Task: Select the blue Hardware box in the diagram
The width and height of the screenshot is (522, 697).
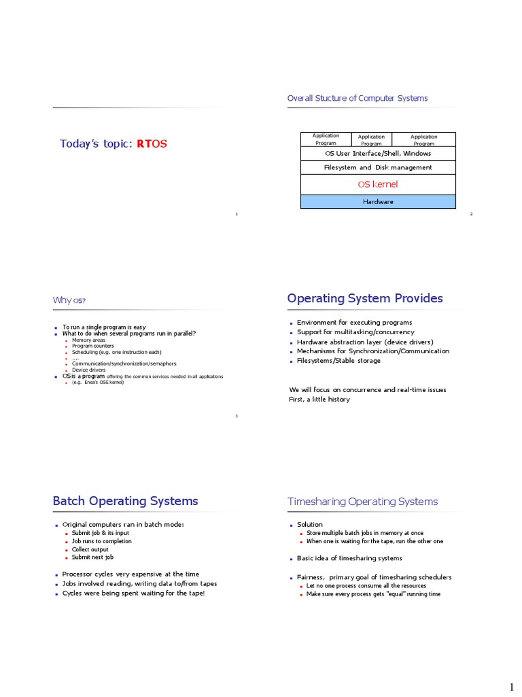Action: pyautogui.click(x=378, y=201)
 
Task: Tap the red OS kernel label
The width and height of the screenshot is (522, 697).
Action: pyautogui.click(x=378, y=184)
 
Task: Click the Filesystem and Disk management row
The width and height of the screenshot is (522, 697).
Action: pyautogui.click(x=378, y=167)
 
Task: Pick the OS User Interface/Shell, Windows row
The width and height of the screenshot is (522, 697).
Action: pyautogui.click(x=378, y=154)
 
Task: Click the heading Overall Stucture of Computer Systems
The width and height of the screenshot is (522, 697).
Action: pyautogui.click(x=358, y=99)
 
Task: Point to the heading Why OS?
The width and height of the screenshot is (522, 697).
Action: pyautogui.click(x=69, y=300)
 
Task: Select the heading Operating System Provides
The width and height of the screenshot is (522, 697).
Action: pyautogui.click(x=365, y=299)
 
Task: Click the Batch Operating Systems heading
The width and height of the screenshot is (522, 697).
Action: pyautogui.click(x=126, y=501)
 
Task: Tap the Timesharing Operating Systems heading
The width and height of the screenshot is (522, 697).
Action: pyautogui.click(x=363, y=502)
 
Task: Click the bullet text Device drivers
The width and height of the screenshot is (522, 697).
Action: pyautogui.click(x=88, y=370)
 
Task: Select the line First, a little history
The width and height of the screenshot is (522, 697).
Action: pyautogui.click(x=319, y=399)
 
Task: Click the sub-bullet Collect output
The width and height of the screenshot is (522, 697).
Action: pyautogui.click(x=90, y=549)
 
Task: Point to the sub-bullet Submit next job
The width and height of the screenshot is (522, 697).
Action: pyautogui.click(x=93, y=557)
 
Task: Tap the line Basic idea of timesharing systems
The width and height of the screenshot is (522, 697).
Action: pyautogui.click(x=349, y=558)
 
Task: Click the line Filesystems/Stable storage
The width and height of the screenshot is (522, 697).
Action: pyautogui.click(x=338, y=361)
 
